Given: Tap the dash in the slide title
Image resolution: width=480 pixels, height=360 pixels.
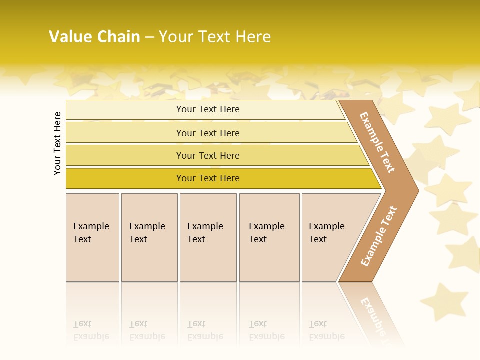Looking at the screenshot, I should pos(149,37).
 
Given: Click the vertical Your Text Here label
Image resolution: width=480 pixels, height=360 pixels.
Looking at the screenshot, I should pos(57,143).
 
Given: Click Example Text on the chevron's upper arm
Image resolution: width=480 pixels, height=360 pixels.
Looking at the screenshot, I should pos(377,142).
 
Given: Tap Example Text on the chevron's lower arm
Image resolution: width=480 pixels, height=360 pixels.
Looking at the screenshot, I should pos(379,236).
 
